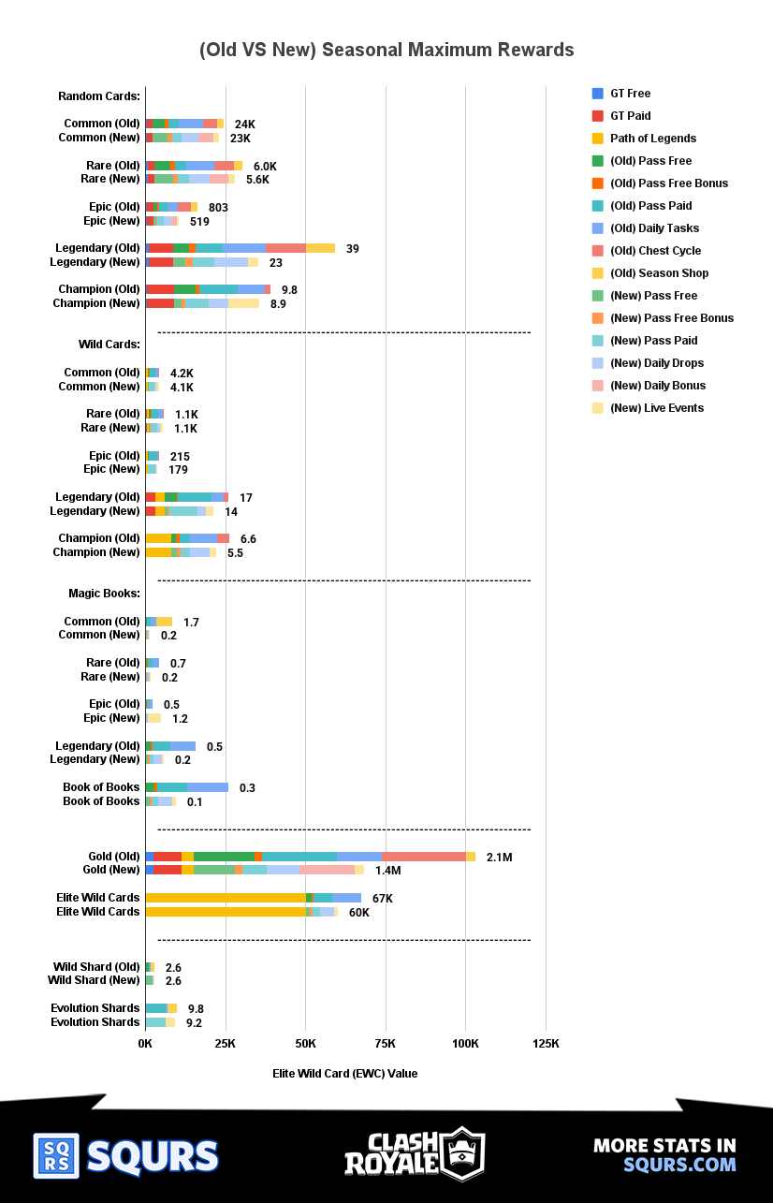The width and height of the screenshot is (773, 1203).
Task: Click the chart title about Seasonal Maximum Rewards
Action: pyautogui.click(x=386, y=50)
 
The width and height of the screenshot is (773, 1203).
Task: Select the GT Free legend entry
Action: pyautogui.click(x=630, y=94)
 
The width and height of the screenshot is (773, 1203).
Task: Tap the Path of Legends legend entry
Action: pyautogui.click(x=652, y=139)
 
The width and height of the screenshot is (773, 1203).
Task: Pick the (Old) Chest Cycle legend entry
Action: pyautogui.click(x=654, y=251)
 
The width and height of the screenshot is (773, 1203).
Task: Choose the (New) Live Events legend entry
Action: pyautogui.click(x=656, y=408)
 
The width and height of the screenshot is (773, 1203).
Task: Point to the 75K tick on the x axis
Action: pyautogui.click(x=385, y=1044)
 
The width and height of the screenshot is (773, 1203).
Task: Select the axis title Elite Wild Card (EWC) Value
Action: pyautogui.click(x=344, y=1073)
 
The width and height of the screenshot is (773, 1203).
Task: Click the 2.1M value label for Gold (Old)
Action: pyautogui.click(x=500, y=858)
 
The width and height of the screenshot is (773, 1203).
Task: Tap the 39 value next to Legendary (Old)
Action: pyautogui.click(x=352, y=248)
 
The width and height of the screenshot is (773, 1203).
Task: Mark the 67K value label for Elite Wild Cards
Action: pyautogui.click(x=382, y=899)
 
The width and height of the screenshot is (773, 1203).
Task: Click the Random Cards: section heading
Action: pyautogui.click(x=98, y=96)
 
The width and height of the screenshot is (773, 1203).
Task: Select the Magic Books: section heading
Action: pyautogui.click(x=104, y=594)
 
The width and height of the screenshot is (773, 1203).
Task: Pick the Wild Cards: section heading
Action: pyautogui.click(x=109, y=345)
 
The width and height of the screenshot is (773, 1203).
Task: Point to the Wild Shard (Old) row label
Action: pyautogui.click(x=96, y=967)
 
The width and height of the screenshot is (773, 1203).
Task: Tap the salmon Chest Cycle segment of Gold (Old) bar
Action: pyautogui.click(x=423, y=857)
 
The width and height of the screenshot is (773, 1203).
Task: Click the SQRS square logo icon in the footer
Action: pyautogui.click(x=56, y=1156)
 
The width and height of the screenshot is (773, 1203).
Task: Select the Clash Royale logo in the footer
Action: pyautogui.click(x=415, y=1154)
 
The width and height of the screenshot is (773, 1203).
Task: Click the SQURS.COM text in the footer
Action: pyautogui.click(x=679, y=1165)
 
